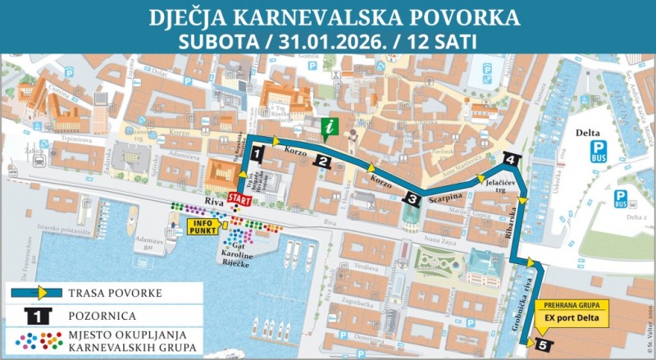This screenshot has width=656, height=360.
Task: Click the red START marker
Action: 239,199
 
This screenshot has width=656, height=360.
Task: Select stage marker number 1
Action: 257,153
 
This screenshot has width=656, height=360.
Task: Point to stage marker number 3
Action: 412,198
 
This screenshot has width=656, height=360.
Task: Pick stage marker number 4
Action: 510,159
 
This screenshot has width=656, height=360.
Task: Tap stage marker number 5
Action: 542,345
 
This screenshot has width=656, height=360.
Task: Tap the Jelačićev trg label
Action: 499,186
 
